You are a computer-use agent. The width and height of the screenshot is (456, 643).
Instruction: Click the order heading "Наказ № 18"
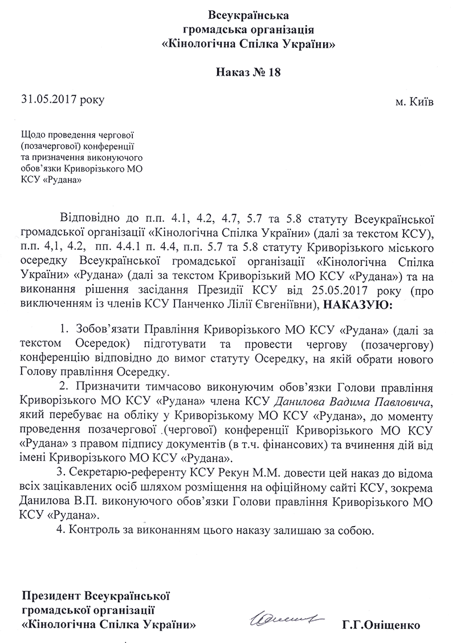(249, 72)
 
